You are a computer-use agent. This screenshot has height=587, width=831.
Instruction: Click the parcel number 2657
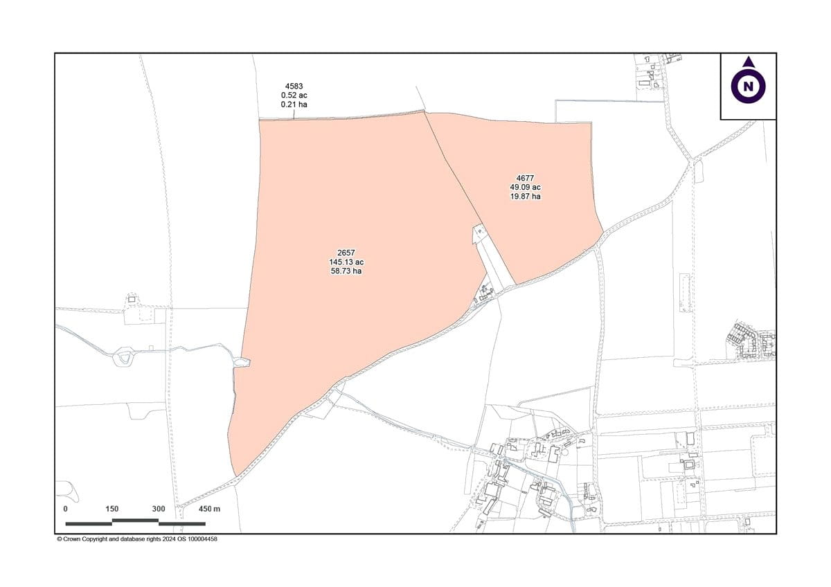pos(346,253)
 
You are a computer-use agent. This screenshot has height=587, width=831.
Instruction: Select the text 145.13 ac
pos(346,262)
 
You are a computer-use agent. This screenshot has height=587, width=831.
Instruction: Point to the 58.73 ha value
pos(346,271)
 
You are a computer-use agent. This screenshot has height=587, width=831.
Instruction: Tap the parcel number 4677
pos(525,178)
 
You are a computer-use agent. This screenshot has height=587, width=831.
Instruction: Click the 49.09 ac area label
pos(525,187)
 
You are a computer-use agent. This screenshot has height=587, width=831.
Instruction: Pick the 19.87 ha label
pos(525,196)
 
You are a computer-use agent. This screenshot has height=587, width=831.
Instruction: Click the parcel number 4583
pos(294,86)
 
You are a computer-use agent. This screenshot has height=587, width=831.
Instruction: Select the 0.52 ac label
pos(294,95)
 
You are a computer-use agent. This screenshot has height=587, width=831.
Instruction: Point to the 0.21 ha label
pos(294,104)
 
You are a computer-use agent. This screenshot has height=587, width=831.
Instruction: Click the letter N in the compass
pos(748,87)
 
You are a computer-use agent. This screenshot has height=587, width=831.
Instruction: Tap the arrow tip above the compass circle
pos(748,62)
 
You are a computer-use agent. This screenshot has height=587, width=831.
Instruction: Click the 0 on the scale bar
pos(66,509)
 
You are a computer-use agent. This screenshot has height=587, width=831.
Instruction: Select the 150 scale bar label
pos(112,509)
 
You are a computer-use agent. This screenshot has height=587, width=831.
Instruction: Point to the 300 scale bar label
pos(159,509)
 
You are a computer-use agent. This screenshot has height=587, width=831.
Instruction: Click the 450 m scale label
pos(209,509)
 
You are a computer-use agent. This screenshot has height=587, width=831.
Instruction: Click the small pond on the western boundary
pos(242,362)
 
